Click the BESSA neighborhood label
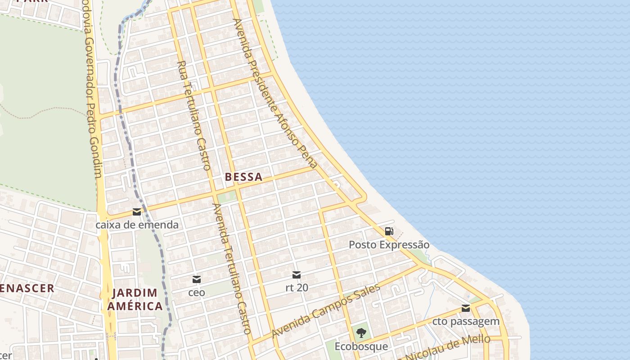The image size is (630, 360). [x=243, y=177]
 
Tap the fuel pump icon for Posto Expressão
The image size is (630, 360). [x=389, y=231]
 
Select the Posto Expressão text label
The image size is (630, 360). [x=389, y=245]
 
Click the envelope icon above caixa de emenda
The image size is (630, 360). [x=137, y=212]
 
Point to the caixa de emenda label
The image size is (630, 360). [x=137, y=225]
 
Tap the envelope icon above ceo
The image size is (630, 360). [x=197, y=279]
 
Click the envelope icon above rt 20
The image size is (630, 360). [x=297, y=274]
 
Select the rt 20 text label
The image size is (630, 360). [x=297, y=287]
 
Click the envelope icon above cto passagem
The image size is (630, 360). [x=466, y=308]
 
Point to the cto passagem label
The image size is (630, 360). [x=466, y=321]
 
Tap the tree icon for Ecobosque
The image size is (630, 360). [x=361, y=333]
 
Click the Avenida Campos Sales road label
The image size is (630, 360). [x=326, y=311]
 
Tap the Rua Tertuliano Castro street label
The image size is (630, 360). [x=194, y=115]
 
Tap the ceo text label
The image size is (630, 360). [x=197, y=292]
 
